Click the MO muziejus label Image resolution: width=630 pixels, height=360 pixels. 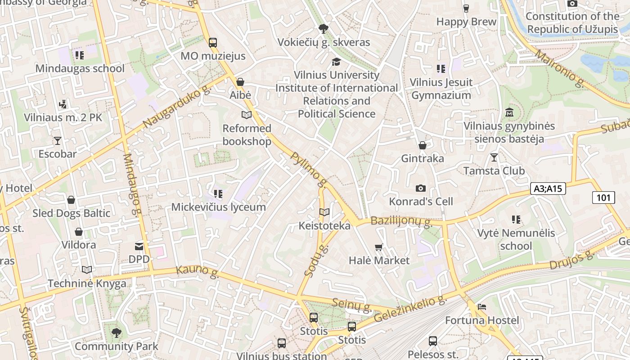click(213, 56)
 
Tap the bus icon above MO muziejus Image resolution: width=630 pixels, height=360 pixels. click(213, 43)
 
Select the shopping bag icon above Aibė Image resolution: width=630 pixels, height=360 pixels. click(240, 82)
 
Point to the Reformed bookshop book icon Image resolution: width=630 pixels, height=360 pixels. click(247, 115)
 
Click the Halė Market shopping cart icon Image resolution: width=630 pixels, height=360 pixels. click(379, 247)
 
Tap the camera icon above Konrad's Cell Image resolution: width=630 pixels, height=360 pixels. click(421, 188)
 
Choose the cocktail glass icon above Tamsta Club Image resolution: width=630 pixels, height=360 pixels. click(494, 157)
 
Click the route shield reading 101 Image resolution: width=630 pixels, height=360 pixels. click(603, 197)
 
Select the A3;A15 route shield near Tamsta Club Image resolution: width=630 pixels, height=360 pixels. click(548, 189)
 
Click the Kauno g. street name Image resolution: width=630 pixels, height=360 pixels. click(197, 270)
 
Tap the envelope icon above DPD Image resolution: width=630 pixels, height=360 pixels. click(139, 246)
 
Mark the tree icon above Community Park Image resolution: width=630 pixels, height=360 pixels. click(117, 333)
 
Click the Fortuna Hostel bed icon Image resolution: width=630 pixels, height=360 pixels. click(482, 307)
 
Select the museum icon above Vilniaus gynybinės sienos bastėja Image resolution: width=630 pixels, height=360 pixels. click(509, 112)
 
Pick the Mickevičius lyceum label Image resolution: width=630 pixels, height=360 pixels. click(218, 207)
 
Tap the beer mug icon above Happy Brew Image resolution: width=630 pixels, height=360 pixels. click(466, 8)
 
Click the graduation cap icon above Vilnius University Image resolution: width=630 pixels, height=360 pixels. click(336, 62)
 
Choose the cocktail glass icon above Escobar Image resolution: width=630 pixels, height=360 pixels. click(57, 140)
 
